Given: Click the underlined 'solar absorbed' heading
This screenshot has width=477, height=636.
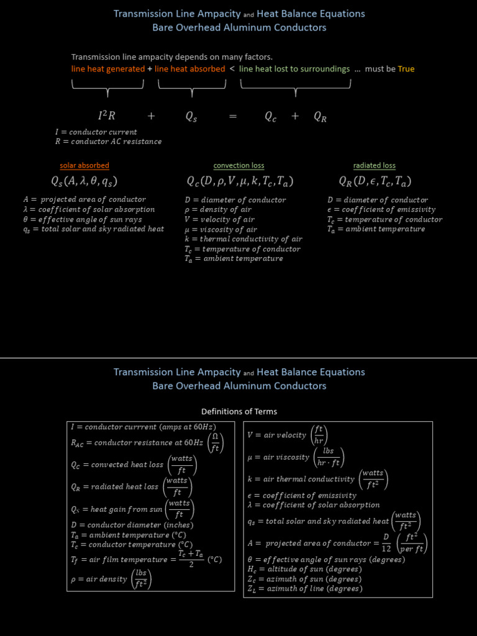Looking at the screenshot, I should click(x=84, y=166).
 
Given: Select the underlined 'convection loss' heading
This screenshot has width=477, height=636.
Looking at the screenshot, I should click(x=238, y=166).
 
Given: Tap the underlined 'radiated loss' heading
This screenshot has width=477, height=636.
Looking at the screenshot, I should click(x=375, y=166).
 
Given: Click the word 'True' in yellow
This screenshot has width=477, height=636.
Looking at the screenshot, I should click(x=406, y=69).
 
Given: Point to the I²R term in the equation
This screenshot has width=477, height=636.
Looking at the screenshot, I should click(x=107, y=116).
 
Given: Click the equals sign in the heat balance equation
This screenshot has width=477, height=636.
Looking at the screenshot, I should click(x=233, y=116).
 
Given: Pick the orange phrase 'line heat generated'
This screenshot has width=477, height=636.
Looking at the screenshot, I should click(x=108, y=69).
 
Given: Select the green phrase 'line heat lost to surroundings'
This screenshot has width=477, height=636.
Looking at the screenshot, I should click(x=294, y=69).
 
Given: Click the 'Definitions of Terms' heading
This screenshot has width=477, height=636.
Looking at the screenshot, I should click(x=239, y=411).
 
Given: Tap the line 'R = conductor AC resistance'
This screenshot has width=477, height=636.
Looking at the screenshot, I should click(x=108, y=142).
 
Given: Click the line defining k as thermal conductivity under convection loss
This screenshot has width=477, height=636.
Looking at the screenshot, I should click(x=243, y=239).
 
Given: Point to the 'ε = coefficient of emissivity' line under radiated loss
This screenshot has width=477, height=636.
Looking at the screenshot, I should click(x=381, y=210).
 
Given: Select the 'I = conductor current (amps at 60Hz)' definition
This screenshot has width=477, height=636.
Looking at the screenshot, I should click(x=143, y=427).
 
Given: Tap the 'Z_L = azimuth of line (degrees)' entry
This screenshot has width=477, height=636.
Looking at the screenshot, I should click(x=305, y=589).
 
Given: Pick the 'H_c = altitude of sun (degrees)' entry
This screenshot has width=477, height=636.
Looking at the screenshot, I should click(x=305, y=569).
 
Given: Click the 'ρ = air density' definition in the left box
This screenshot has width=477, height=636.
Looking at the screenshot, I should click(x=111, y=579).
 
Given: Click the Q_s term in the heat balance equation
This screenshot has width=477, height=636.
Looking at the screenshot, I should click(x=191, y=116).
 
